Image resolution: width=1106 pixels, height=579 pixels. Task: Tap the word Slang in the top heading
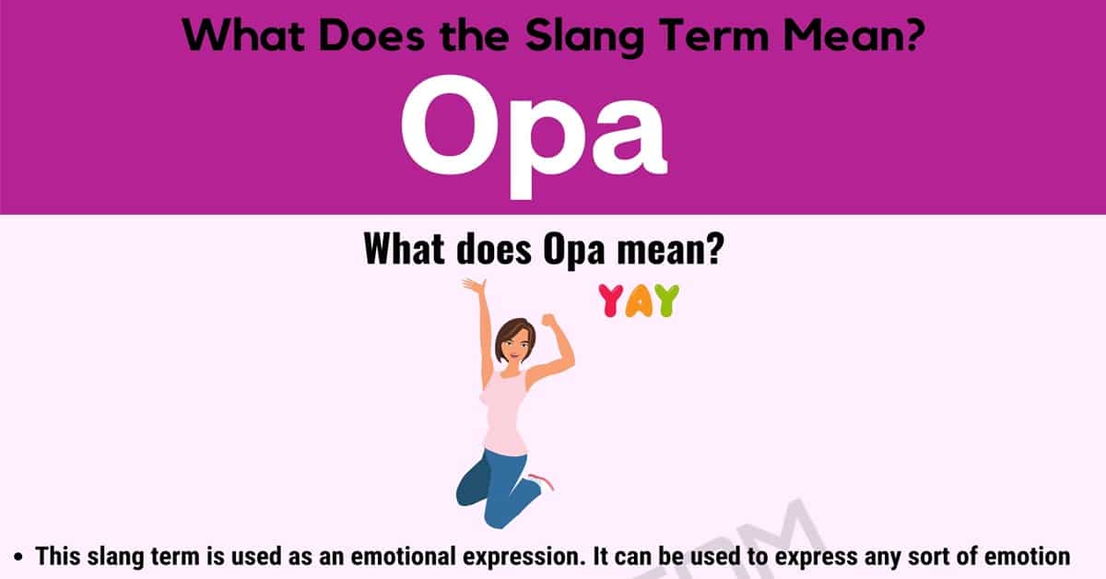[x=584, y=37]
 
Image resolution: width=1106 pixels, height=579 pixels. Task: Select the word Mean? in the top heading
[x=854, y=36]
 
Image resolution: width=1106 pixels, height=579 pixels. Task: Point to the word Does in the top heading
[x=371, y=36]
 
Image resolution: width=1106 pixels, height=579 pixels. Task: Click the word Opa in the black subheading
[x=573, y=250]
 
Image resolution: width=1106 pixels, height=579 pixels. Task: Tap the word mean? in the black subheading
[x=671, y=249]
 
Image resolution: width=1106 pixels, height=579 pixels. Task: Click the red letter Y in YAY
[x=610, y=300]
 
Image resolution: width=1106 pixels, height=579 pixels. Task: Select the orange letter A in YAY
[x=639, y=301]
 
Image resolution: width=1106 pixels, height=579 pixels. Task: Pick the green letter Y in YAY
[x=667, y=300]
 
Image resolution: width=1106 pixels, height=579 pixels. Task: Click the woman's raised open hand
[x=474, y=287]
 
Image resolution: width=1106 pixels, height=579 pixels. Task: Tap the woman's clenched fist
[x=549, y=320]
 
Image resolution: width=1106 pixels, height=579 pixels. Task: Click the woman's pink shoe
[x=542, y=481]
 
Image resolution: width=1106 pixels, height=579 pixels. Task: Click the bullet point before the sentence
[x=18, y=557]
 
